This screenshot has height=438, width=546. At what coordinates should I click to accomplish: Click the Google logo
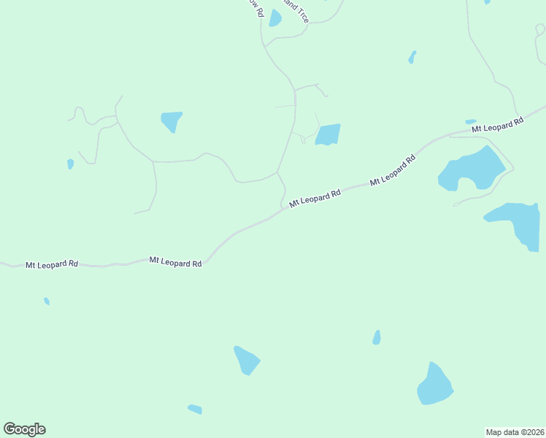(x=24, y=429)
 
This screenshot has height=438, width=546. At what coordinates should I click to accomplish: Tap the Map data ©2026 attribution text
(x=515, y=431)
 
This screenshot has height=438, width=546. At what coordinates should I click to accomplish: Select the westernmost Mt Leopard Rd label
(x=52, y=264)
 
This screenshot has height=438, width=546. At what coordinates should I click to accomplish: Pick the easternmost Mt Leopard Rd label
(x=498, y=125)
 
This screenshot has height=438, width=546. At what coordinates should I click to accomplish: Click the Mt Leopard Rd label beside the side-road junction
(x=315, y=199)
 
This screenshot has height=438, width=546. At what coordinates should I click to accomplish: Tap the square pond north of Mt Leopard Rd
(x=328, y=134)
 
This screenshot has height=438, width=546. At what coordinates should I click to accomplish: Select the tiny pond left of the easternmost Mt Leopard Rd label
(x=471, y=121)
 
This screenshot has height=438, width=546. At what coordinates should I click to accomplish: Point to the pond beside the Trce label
(x=275, y=18)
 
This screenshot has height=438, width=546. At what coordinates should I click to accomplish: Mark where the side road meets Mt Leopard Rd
(x=283, y=209)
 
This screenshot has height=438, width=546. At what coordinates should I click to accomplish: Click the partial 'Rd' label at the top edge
(x=256, y=8)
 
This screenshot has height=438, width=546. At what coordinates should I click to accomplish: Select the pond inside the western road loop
(x=172, y=120)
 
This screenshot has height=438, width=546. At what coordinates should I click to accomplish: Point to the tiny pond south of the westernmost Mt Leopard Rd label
(x=47, y=301)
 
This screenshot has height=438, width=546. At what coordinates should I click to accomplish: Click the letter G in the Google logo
(x=10, y=429)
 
